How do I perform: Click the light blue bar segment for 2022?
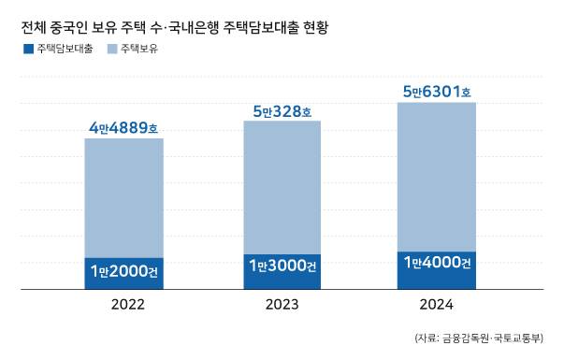click(x=123, y=197)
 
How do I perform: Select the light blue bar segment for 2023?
click(x=282, y=187)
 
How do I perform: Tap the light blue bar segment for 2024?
click(x=437, y=177)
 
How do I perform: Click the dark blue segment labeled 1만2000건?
click(x=123, y=272)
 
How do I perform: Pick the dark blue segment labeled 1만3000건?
click(x=282, y=270)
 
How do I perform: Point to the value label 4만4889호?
click(x=124, y=127)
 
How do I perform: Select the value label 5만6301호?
click(x=437, y=92)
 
